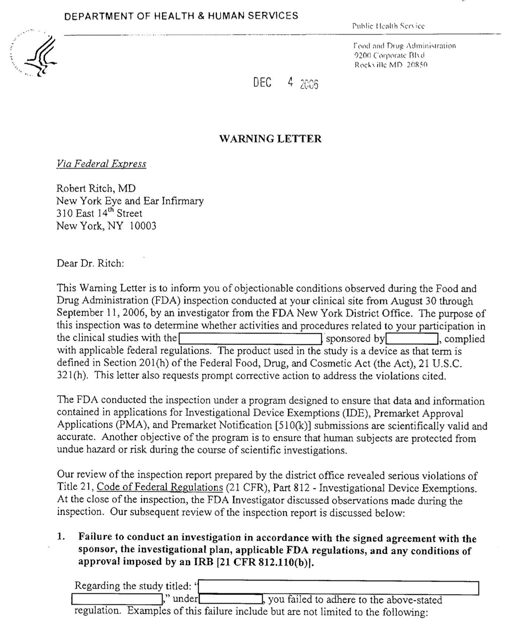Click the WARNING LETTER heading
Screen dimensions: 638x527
tap(270, 139)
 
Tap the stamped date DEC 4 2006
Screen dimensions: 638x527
tap(285, 83)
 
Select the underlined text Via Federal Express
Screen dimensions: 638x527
tap(101, 164)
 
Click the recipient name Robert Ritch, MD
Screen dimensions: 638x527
tap(96, 188)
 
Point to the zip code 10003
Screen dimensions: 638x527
tap(143, 226)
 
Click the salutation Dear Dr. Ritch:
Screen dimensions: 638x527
tap(90, 263)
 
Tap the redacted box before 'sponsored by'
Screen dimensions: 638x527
tap(250, 339)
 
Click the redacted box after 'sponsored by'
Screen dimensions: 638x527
tap(411, 339)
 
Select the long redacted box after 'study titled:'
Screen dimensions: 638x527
tap(338, 588)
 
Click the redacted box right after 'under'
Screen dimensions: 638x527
tap(231, 599)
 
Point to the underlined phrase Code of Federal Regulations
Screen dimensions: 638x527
tap(160, 487)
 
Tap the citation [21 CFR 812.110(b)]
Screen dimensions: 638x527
tap(266, 562)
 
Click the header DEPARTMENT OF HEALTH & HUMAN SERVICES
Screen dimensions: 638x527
tap(181, 16)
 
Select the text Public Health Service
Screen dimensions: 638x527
tap(388, 26)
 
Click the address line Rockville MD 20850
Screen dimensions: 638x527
tap(391, 65)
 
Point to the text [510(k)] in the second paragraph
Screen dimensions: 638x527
tap(293, 425)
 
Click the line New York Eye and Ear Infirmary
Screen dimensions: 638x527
tap(130, 201)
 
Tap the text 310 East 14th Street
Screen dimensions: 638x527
tap(99, 213)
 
